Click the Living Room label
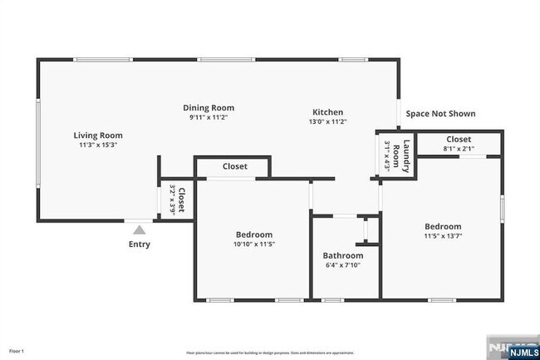pos(98,135)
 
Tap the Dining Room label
pos(209,107)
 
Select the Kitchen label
pos(327,112)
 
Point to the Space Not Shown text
pos(440,113)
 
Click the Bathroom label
pos(343,255)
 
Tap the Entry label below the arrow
pos(140,244)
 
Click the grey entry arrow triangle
pos(140,229)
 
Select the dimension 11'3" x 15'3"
pos(98,145)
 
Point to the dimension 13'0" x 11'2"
pos(327,122)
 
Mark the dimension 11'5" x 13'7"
pos(443,236)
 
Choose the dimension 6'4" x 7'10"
pos(343,265)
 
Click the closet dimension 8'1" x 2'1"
pos(459,149)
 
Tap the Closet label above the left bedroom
pos(235,166)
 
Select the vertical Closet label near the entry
pos(180,200)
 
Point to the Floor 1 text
pos(17,352)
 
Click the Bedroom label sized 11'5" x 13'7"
pos(443,226)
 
